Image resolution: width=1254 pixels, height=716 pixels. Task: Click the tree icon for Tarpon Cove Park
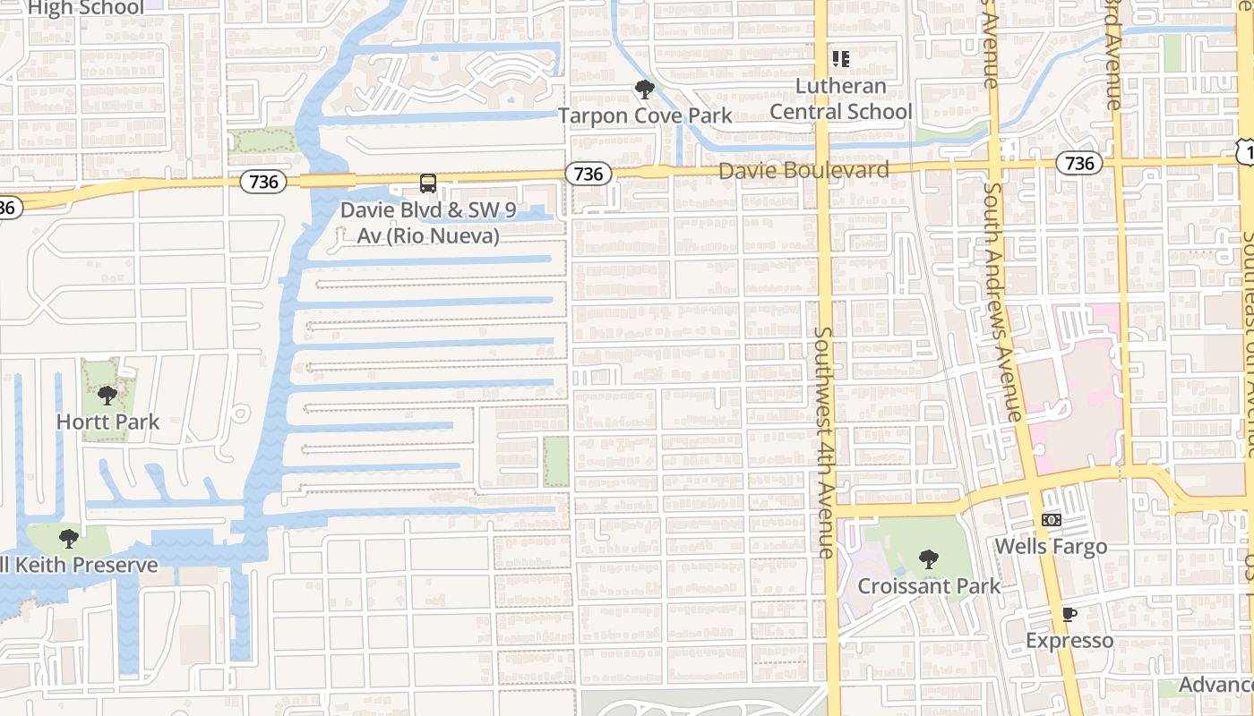tap(643, 89)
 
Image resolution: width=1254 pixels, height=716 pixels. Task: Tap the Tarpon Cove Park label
tap(645, 115)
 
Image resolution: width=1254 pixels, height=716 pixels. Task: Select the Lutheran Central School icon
tap(840, 59)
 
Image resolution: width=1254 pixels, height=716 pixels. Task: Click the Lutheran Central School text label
tap(841, 98)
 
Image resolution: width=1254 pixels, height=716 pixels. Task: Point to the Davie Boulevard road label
tap(803, 170)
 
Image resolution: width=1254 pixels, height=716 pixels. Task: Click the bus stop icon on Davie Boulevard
tap(428, 183)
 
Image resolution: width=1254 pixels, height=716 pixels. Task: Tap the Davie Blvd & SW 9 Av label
tap(428, 224)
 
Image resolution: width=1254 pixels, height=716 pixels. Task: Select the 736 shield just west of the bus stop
tap(263, 182)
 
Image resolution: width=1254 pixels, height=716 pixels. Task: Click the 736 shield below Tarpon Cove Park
tap(588, 174)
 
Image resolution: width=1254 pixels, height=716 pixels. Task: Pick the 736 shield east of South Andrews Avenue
tap(1079, 163)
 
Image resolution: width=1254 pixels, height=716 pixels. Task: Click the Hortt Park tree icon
tap(107, 395)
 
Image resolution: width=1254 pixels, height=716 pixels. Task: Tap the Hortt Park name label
tap(107, 422)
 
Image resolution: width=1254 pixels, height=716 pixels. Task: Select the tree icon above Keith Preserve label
tap(68, 538)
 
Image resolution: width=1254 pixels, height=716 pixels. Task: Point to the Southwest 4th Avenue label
tap(825, 442)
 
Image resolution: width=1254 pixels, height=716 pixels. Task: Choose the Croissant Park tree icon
tap(929, 560)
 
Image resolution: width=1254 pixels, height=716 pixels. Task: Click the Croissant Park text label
tap(929, 587)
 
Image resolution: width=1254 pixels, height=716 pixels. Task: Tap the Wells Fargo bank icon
tap(1052, 520)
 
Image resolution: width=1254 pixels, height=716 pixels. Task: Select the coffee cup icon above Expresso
tap(1069, 614)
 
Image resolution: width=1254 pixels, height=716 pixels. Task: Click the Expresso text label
tap(1069, 641)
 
